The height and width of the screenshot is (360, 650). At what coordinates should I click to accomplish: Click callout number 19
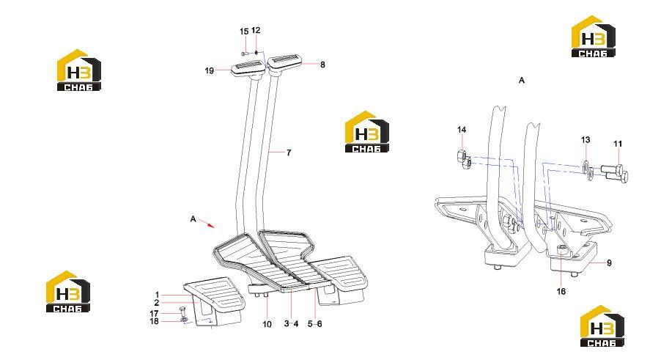210,71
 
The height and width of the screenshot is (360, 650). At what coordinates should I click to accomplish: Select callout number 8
322,65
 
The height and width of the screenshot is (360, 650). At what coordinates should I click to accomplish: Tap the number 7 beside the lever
289,153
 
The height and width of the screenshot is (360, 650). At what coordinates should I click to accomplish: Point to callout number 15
244,32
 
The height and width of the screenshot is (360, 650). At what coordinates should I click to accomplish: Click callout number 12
256,30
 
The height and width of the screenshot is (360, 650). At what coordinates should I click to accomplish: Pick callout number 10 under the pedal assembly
267,324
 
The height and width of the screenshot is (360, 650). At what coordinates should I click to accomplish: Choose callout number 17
154,314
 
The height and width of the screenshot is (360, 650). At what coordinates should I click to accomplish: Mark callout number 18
154,321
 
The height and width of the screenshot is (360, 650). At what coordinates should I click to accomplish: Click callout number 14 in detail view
462,130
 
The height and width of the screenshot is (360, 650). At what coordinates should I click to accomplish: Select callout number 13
586,140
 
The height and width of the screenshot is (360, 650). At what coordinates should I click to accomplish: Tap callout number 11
618,144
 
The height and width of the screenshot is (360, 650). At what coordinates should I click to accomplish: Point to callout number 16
561,292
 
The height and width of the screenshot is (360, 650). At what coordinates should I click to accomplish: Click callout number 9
609,263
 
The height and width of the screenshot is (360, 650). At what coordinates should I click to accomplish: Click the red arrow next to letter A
207,224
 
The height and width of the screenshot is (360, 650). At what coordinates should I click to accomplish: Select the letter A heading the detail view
522,80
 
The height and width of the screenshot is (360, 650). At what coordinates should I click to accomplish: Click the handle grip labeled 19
248,68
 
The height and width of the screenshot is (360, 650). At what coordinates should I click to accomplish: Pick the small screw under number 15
244,54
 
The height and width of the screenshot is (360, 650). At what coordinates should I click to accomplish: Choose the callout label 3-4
291,324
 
